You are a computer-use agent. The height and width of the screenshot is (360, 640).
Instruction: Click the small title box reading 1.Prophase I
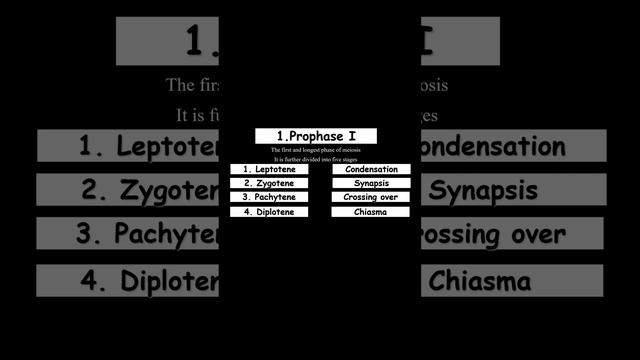(316, 135)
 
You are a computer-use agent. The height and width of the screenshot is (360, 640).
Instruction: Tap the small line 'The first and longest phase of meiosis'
(316, 150)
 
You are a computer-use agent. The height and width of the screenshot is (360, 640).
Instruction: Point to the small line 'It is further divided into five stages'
(316, 160)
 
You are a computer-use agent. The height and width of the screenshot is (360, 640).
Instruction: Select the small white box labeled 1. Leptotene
(269, 169)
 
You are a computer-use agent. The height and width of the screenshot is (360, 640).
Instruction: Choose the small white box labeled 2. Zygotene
(269, 184)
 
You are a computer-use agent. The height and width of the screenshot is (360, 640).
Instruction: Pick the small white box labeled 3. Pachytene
(269, 198)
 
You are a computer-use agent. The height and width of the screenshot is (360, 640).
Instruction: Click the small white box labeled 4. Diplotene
(269, 212)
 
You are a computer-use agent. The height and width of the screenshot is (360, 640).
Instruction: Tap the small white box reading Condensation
(371, 169)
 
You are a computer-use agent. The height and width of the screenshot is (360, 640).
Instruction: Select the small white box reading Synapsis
(371, 184)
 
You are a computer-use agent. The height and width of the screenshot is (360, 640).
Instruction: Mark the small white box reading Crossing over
(371, 198)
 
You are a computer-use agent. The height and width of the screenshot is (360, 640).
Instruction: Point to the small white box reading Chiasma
(371, 212)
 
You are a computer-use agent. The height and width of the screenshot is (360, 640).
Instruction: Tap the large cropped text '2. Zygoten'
(150, 190)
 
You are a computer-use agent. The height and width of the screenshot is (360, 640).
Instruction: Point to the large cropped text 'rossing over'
(490, 235)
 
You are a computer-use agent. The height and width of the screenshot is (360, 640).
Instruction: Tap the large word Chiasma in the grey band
(480, 281)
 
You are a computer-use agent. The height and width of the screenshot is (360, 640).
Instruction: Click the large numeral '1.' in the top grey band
(205, 40)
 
